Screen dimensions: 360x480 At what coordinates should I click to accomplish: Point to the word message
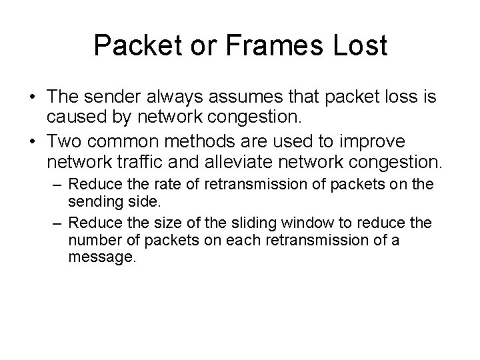point(102,257)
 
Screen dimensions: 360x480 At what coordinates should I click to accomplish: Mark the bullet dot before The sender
point(33,97)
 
